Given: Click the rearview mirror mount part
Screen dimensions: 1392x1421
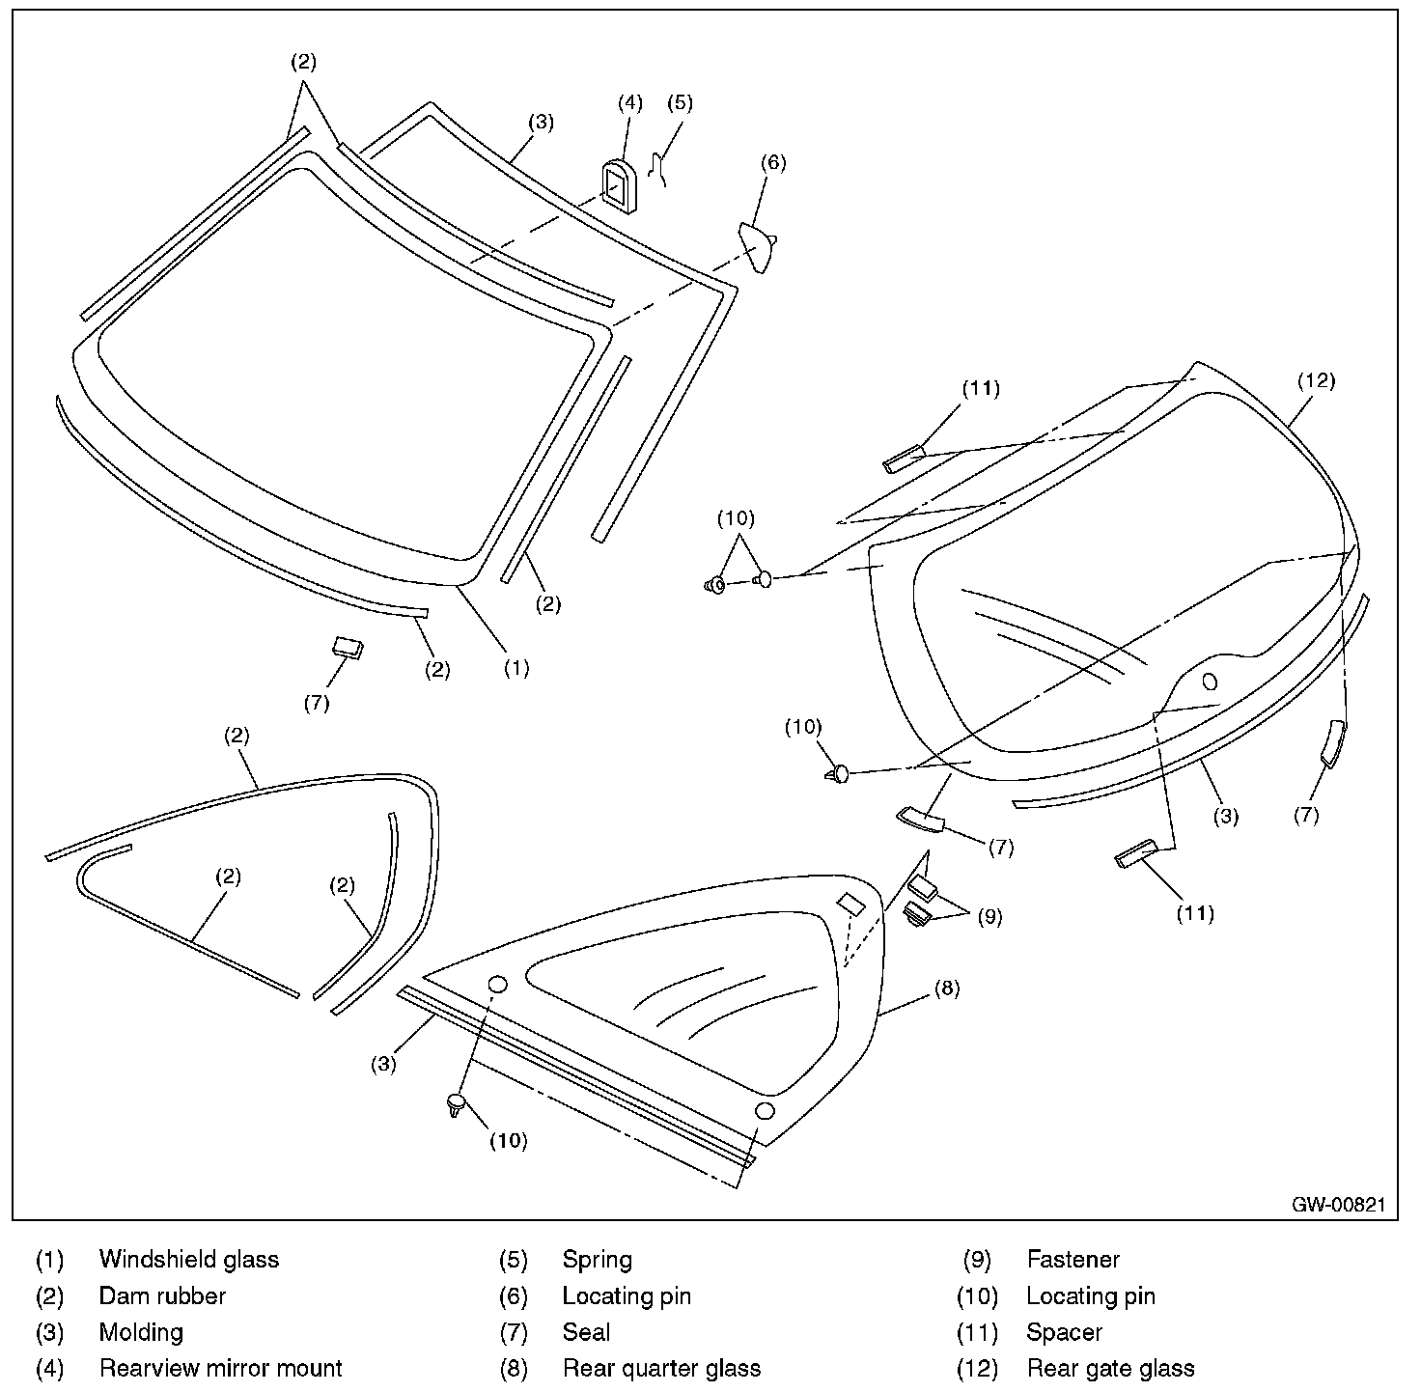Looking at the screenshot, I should pos(615,185).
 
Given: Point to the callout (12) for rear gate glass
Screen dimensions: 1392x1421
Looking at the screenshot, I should pos(1316,380).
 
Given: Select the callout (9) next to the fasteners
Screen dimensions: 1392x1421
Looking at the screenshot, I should pos(989,916).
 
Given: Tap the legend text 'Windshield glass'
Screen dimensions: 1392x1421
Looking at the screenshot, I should pos(188,1259).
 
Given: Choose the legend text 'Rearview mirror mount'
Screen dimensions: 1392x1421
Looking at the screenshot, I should pos(220,1368).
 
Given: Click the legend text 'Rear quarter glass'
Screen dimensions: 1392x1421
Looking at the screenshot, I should pos(661,1368).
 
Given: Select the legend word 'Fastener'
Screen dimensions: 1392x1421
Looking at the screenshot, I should pos(1073,1259).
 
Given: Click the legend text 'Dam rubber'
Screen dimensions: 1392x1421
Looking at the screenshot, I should pos(162,1295).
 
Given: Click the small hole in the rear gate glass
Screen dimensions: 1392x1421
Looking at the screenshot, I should pos(1210,682).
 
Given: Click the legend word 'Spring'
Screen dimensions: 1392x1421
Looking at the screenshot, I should pos(597,1259).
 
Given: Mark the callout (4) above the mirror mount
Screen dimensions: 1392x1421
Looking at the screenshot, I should pos(629,103).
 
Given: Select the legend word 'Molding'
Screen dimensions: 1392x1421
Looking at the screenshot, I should pos(141,1332).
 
